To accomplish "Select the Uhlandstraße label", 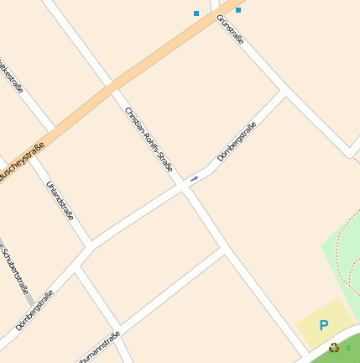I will (x=60, y=200).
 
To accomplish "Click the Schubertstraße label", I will (x=16, y=271).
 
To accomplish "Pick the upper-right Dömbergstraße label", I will (x=236, y=141).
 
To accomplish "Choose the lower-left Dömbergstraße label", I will (x=34, y=309).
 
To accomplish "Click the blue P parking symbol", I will (x=324, y=325).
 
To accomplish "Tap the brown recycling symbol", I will (x=334, y=347).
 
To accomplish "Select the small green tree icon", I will (x=348, y=346).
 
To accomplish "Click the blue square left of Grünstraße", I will (x=196, y=13).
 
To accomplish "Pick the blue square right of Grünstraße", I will (x=238, y=10).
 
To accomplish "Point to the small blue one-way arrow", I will (x=194, y=178).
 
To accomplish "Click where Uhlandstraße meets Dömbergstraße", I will (x=88, y=247).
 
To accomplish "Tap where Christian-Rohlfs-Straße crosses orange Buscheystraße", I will (x=112, y=85).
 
